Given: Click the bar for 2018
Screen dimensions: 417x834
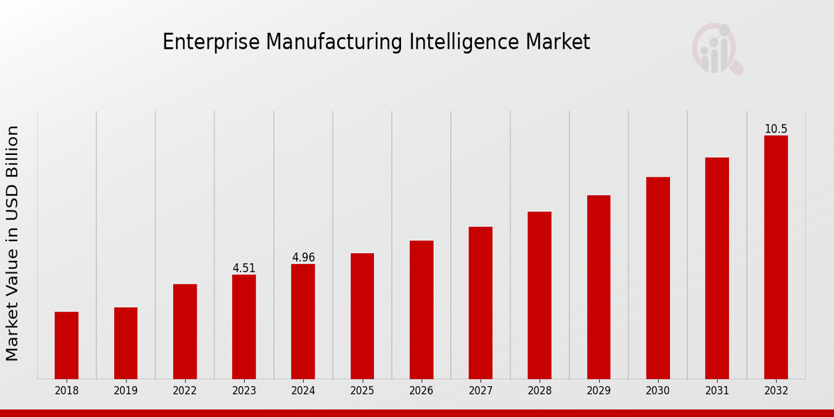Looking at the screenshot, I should click(67, 345).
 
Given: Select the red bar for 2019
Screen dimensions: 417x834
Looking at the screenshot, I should click(126, 343).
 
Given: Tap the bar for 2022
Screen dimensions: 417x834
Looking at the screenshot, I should click(185, 332).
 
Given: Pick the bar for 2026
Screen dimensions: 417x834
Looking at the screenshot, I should click(421, 310).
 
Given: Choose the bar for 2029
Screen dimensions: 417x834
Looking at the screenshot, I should click(598, 287).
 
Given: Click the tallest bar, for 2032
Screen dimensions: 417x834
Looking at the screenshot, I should click(776, 257).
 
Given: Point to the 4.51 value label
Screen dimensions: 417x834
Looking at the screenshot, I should click(244, 268).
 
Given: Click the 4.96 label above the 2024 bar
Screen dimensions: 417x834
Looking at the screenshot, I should click(303, 258).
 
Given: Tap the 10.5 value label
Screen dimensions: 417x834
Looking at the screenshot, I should click(776, 129).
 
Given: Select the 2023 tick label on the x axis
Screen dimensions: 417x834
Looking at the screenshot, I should click(244, 391).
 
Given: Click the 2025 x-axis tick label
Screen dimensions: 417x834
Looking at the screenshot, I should click(362, 391).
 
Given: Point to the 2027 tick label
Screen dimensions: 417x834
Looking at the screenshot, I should click(480, 391).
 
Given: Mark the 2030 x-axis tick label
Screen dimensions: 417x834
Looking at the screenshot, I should click(657, 391).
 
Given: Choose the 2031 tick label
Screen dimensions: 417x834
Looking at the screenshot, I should click(717, 391).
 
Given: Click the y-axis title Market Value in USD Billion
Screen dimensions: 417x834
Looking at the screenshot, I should click(13, 243).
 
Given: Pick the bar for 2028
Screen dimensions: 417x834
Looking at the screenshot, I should click(539, 295).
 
